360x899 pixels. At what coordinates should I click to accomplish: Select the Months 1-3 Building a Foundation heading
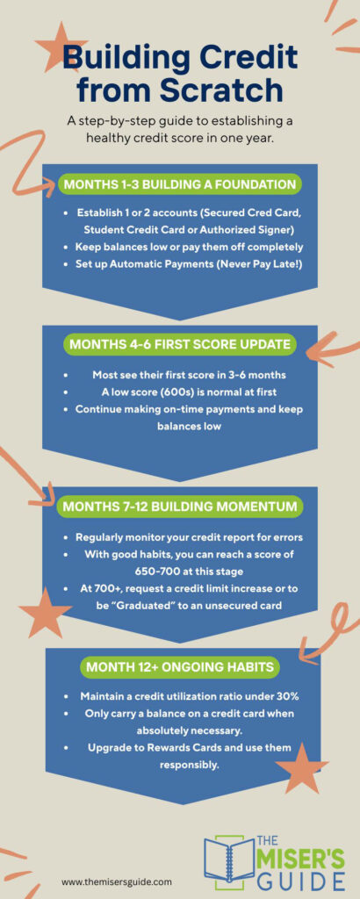coord(180,184)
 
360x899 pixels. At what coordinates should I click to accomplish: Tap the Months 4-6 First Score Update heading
coord(180,345)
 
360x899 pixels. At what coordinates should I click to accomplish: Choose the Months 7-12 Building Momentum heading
coord(180,507)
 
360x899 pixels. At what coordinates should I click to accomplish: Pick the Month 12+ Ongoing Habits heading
coord(180,667)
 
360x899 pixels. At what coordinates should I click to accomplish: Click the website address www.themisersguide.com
coord(117,881)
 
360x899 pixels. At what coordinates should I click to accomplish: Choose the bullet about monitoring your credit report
coord(180,536)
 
